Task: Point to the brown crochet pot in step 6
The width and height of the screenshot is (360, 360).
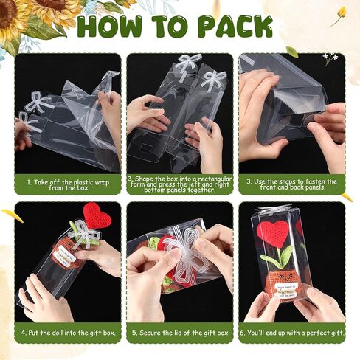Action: click(x=280, y=285)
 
